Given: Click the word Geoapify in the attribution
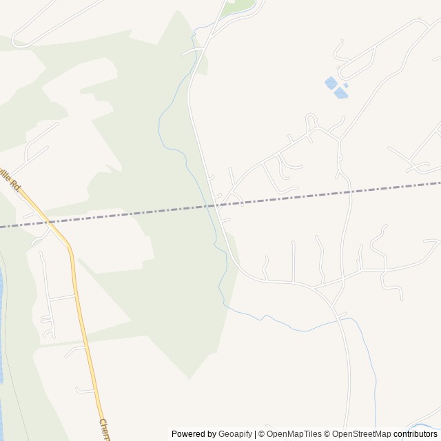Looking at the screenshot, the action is (x=235, y=434).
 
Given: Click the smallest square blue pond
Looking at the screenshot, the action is (x=346, y=85).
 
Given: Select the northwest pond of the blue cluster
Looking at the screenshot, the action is (x=331, y=83).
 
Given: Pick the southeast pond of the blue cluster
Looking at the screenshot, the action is (x=340, y=93).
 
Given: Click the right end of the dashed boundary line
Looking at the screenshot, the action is (x=439, y=183).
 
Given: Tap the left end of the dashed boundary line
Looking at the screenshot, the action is (x=2, y=225).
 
